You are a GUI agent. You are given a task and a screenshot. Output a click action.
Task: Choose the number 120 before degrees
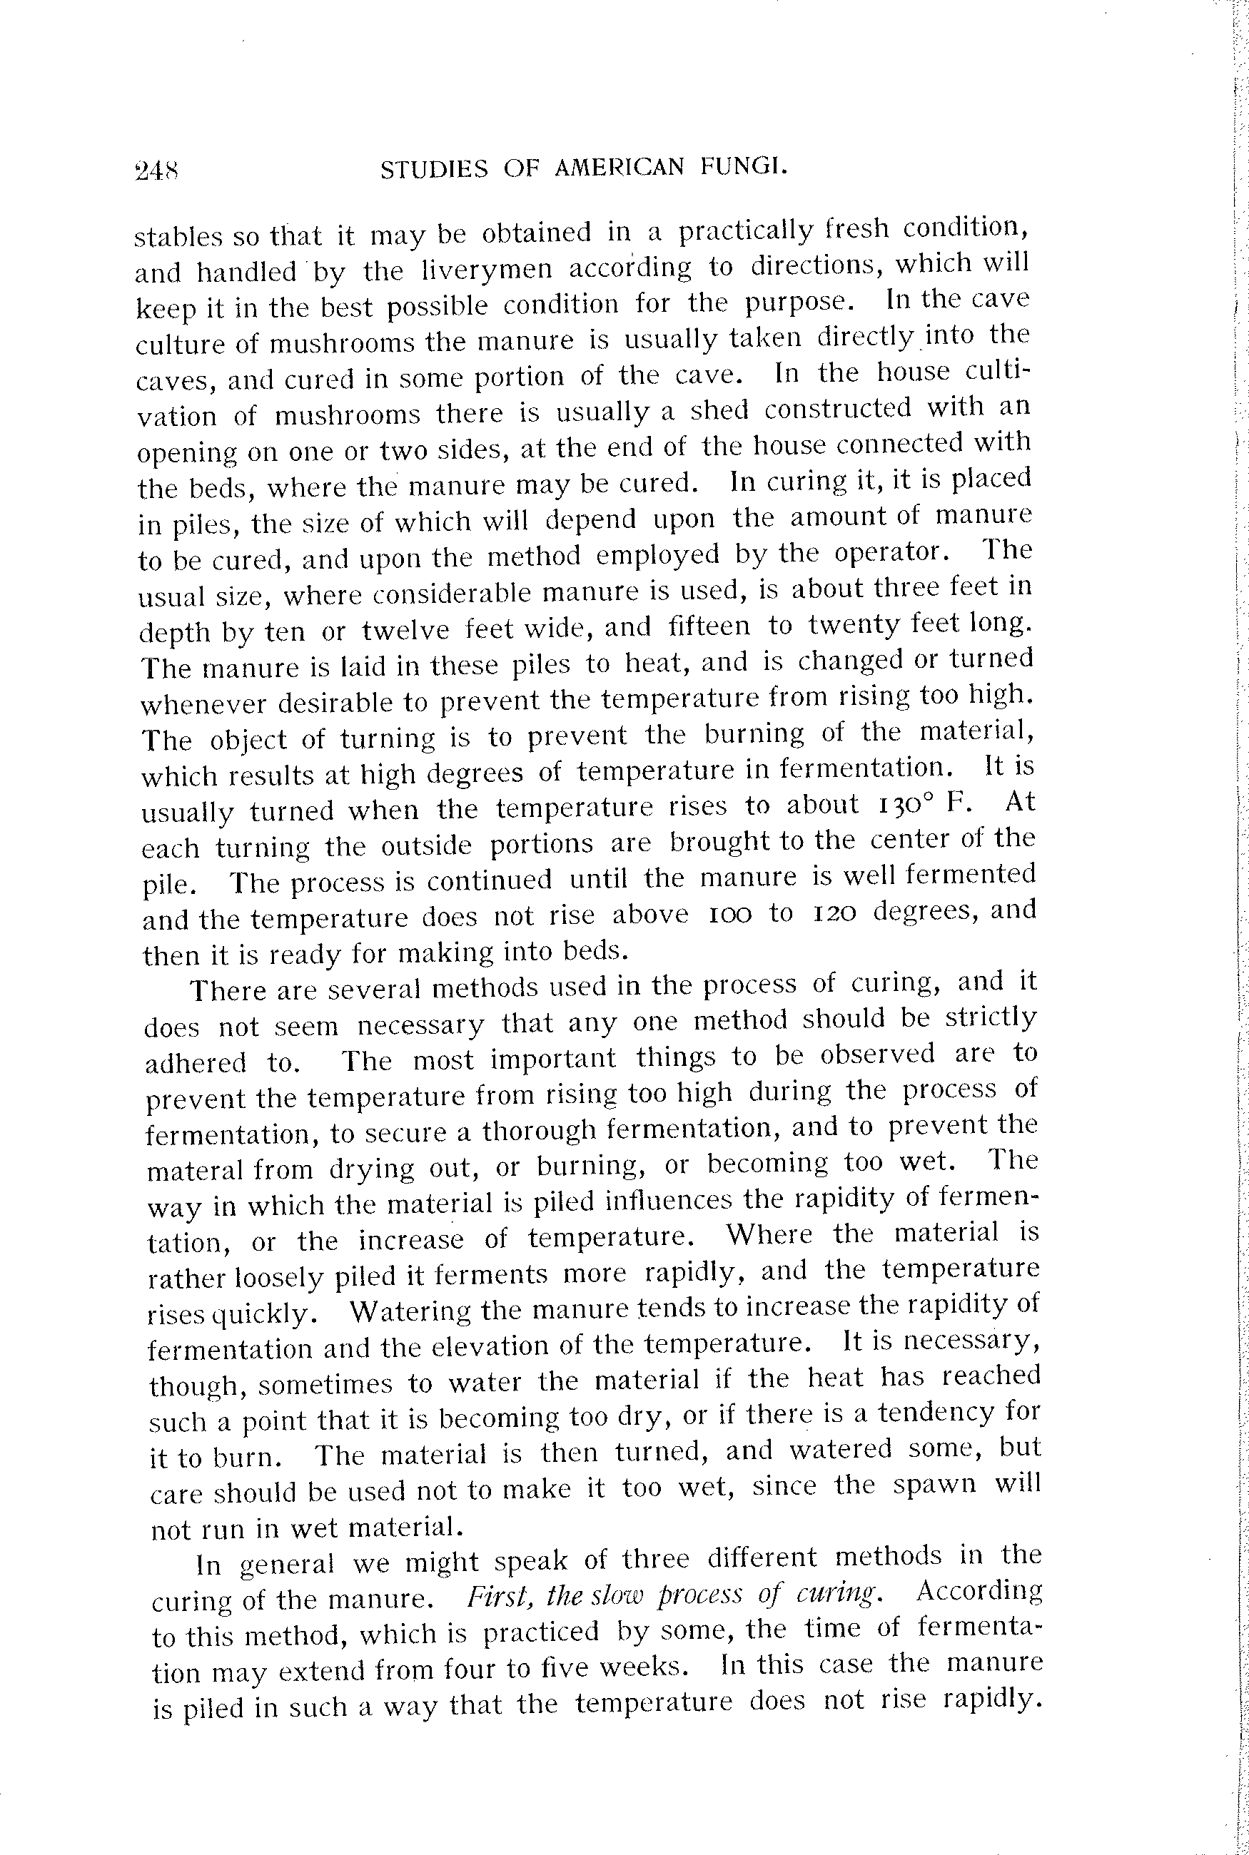pos(834,913)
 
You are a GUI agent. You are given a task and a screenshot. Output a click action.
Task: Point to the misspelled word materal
pos(195,1169)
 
